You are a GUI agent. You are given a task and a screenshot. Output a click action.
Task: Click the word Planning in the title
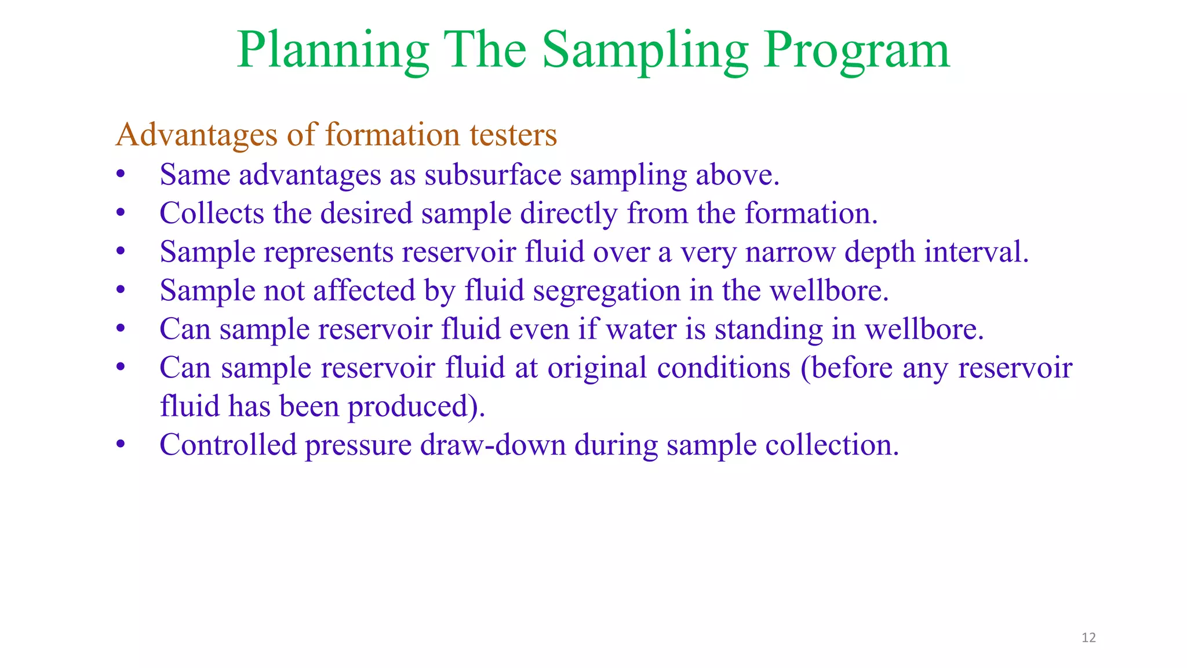(x=333, y=51)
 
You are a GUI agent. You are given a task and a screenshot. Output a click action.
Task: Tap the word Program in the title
(x=857, y=51)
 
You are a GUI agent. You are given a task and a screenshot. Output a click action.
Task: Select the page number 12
(x=1088, y=638)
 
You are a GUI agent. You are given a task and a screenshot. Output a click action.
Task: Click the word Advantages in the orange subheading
(x=196, y=135)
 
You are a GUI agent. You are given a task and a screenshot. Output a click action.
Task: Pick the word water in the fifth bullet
(x=641, y=329)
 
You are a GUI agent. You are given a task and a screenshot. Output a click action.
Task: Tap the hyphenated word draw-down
(x=493, y=445)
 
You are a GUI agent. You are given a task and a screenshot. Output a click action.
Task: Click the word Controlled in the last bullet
(x=228, y=445)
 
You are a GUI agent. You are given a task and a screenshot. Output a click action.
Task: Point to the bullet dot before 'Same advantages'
(x=121, y=175)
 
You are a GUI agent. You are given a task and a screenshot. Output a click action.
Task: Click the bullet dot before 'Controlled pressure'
(x=121, y=445)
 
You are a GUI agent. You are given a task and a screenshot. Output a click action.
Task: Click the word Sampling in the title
(x=645, y=51)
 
